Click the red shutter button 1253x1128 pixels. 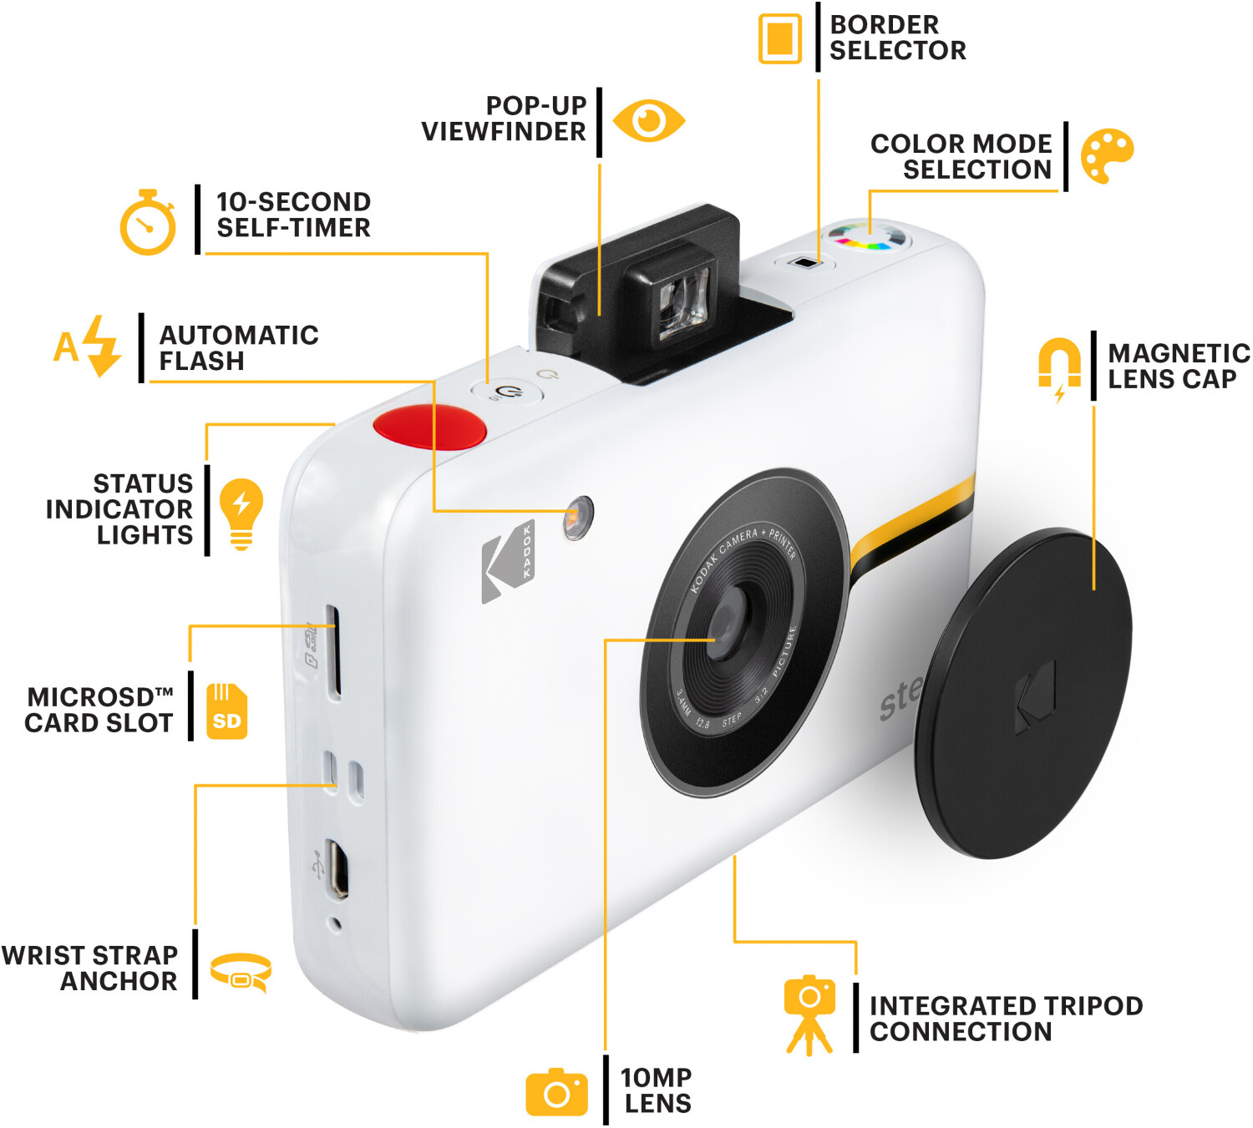(x=429, y=426)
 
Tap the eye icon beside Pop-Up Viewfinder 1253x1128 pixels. (x=648, y=120)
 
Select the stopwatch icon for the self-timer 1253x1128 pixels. (x=148, y=222)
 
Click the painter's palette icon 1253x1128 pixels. (x=1107, y=156)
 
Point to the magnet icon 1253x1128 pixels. (x=1059, y=368)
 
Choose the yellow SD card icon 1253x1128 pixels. (x=226, y=711)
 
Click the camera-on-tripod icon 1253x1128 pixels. (x=809, y=1015)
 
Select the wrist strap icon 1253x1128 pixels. (x=241, y=973)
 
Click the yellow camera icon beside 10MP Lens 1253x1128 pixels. (x=556, y=1092)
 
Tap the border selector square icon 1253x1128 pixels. (x=779, y=38)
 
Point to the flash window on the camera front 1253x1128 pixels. (x=578, y=517)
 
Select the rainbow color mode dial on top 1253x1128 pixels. (x=869, y=236)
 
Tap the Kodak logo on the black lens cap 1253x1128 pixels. (x=1035, y=696)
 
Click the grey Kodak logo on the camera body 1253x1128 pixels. (x=508, y=562)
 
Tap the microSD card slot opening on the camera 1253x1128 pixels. (x=333, y=650)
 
